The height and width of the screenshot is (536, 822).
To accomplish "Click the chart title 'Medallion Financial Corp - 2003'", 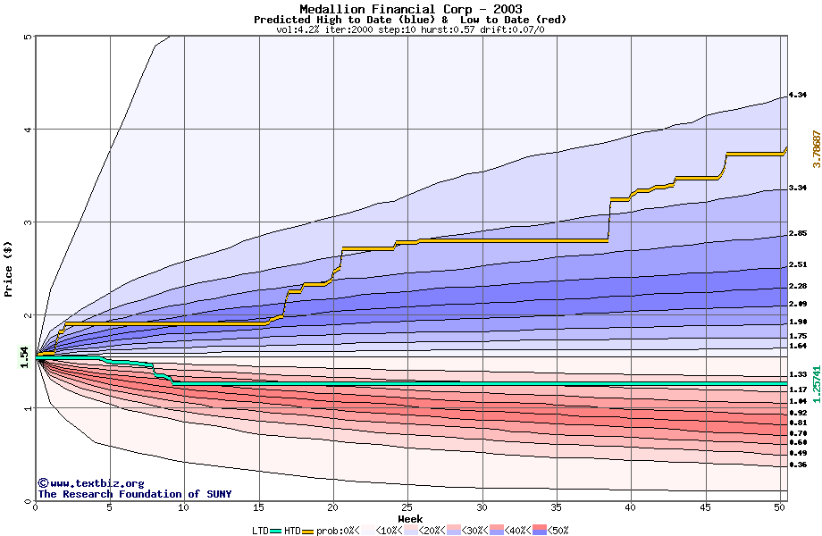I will point(410,9).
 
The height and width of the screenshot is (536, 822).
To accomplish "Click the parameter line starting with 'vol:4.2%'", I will point(410,29).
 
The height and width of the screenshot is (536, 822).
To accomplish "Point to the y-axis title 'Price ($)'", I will point(9,268).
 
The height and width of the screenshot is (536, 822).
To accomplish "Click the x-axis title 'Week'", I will point(410,518).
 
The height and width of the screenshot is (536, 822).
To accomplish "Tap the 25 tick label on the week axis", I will point(407,507).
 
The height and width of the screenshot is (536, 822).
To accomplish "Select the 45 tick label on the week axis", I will point(704,507).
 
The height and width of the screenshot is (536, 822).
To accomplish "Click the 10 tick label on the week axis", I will point(183,507).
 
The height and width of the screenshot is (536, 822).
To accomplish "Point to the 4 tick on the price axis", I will point(28,130).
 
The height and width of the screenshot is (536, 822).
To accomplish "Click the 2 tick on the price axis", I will point(28,315).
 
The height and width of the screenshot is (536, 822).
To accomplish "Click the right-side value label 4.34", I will point(798,95).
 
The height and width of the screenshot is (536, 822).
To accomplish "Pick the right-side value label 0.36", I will point(798,465).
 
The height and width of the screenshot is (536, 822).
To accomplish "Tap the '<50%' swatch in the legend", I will point(540,531).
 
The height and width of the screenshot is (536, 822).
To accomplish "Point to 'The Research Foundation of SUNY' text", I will point(134,494).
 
